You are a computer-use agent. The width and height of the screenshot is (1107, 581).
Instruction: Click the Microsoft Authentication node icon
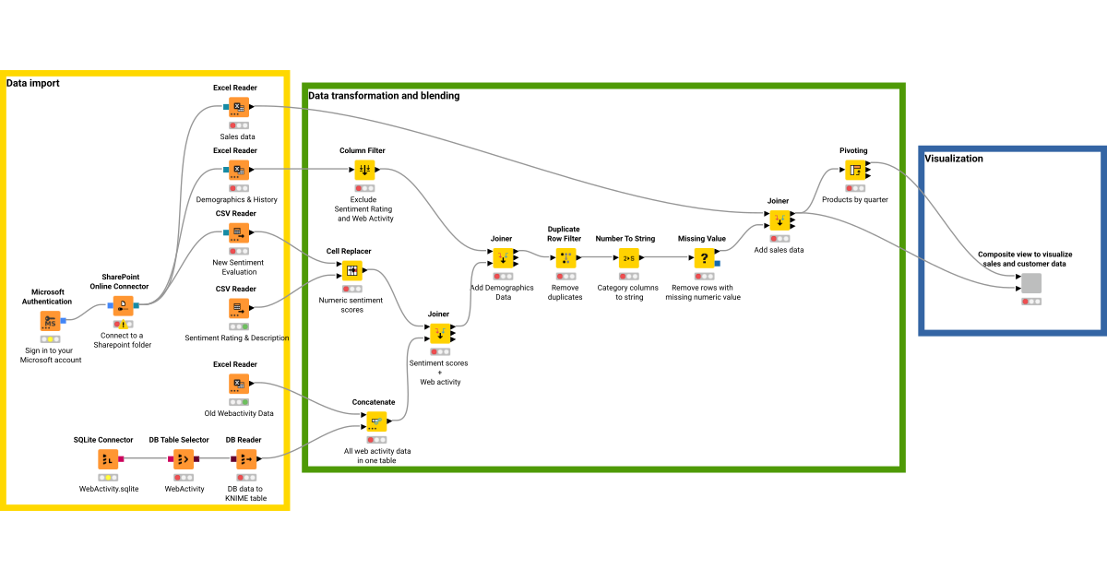(49, 321)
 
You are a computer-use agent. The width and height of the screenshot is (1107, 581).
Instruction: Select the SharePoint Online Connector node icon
(123, 305)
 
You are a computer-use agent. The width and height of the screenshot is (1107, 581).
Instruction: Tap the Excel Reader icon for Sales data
(238, 107)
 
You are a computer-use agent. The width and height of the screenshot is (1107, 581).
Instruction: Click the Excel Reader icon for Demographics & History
(238, 170)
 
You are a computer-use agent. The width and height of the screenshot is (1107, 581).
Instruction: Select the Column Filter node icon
(364, 170)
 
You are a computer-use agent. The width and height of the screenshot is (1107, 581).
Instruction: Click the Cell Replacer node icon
(351, 271)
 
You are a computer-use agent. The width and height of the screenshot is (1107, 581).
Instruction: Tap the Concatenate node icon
(375, 421)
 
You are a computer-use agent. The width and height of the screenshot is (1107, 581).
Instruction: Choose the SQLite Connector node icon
(107, 458)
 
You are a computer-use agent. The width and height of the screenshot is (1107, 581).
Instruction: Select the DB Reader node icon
(245, 458)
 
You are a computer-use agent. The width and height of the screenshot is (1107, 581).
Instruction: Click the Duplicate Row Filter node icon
(565, 258)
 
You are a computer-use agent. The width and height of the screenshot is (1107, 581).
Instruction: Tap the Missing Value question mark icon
(704, 258)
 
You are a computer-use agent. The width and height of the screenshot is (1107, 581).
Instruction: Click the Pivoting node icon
(855, 170)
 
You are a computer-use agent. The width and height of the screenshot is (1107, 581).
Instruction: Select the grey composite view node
(1031, 283)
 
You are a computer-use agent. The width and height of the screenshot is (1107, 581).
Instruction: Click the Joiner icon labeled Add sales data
(780, 220)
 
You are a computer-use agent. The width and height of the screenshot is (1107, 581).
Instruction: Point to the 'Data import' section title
(33, 83)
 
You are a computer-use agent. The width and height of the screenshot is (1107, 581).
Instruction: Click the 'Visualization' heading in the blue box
(954, 159)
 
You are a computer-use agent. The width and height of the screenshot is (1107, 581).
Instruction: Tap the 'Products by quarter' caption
(855, 200)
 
